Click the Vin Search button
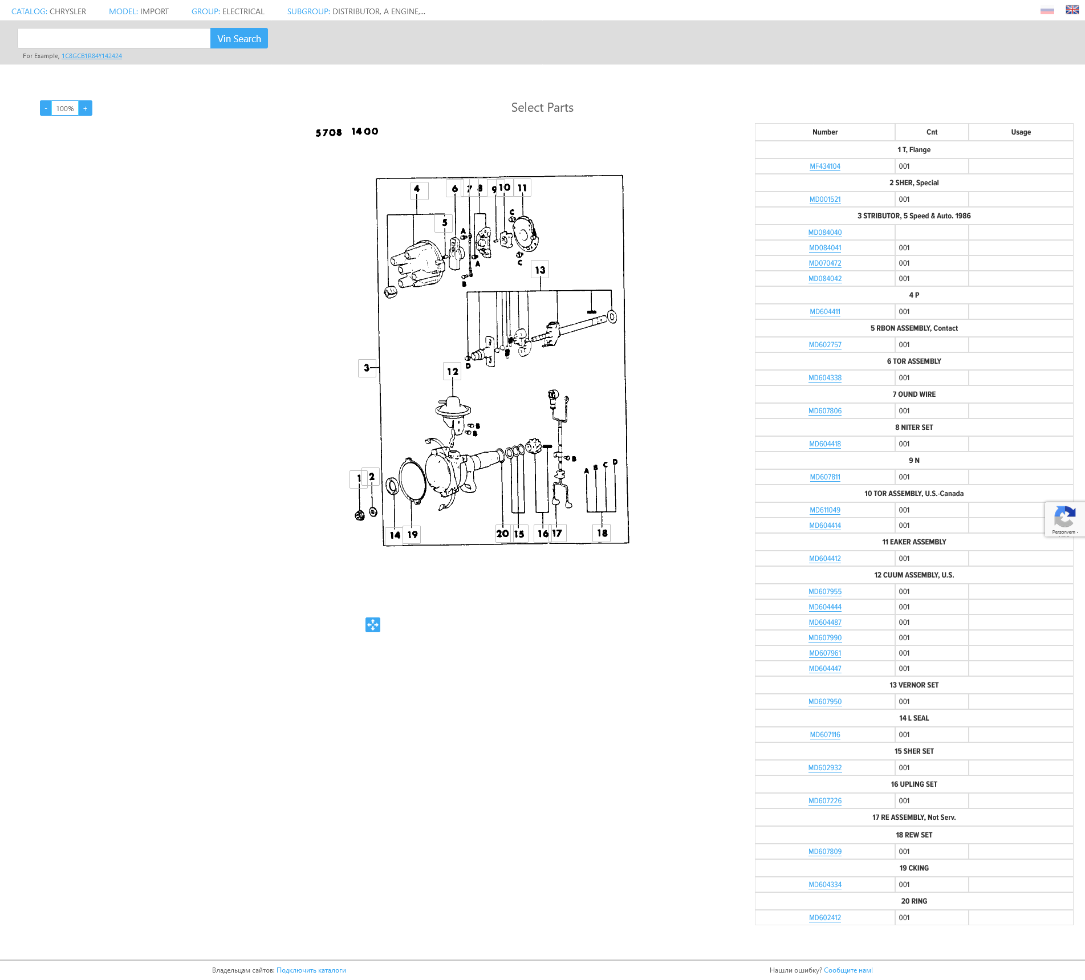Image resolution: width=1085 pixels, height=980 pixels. point(239,38)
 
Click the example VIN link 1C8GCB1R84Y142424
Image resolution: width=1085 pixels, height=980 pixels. point(92,56)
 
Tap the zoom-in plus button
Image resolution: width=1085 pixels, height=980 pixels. point(86,108)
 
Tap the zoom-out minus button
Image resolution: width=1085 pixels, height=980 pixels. point(46,108)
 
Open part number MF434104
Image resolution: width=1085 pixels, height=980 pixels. point(825,166)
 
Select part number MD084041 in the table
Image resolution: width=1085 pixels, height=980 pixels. point(825,248)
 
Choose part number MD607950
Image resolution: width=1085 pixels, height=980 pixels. point(825,702)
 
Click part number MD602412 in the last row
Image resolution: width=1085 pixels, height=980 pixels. point(825,918)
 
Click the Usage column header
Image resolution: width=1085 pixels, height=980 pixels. point(1021,132)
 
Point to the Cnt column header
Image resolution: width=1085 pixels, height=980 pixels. point(932,132)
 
